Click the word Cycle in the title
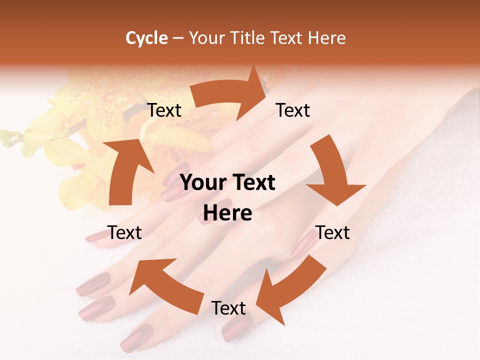coord(146,38)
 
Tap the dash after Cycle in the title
coord(178,38)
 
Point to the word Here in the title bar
coord(326,38)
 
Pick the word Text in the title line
coord(287,38)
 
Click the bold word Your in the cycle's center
coord(202,183)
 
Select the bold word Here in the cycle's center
coord(227,213)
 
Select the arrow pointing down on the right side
coord(333,173)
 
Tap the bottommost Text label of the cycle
coord(228,308)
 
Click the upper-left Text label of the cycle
coord(164,110)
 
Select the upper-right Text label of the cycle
coord(293,110)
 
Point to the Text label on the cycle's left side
coord(124,232)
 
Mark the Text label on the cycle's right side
coord(333,232)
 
